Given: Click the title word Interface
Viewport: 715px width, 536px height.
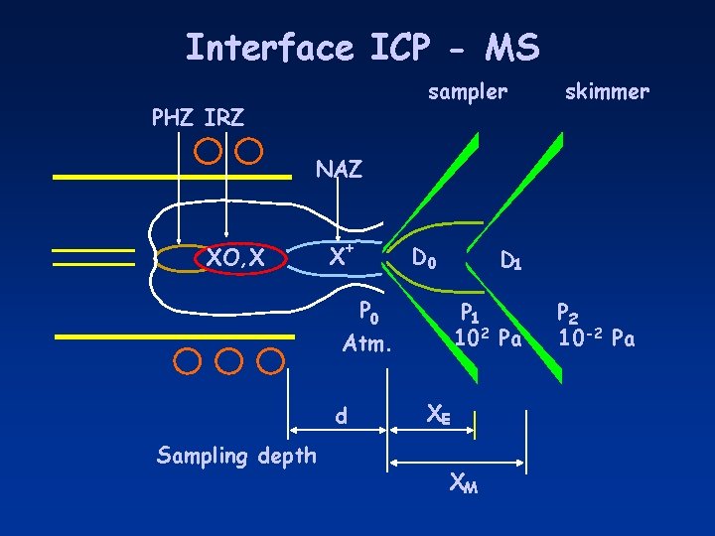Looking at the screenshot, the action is [x=268, y=47].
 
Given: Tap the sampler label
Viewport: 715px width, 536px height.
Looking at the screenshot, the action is [x=467, y=92].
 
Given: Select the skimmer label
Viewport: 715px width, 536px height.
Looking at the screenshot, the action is [x=606, y=92].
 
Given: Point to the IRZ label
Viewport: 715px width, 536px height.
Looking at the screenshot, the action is [x=223, y=118].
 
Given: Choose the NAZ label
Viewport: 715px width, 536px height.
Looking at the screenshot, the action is [x=340, y=170].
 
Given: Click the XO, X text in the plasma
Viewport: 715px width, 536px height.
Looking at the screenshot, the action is [x=235, y=258].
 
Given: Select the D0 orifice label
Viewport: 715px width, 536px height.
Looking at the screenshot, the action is [x=424, y=261].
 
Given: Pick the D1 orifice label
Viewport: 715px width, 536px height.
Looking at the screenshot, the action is [x=511, y=262].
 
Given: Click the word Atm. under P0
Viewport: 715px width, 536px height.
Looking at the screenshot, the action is [x=368, y=345].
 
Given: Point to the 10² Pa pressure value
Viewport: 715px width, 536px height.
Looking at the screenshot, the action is [x=488, y=338].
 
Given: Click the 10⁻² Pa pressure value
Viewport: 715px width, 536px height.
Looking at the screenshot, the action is [x=596, y=338].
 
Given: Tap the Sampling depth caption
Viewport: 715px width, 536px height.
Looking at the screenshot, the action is [x=236, y=456].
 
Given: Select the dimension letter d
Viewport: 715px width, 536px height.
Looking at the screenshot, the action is [x=341, y=418].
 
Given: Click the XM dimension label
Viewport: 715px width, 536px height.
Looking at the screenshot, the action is [x=461, y=484].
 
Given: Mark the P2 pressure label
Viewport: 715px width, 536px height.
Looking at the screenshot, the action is [x=569, y=314].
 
